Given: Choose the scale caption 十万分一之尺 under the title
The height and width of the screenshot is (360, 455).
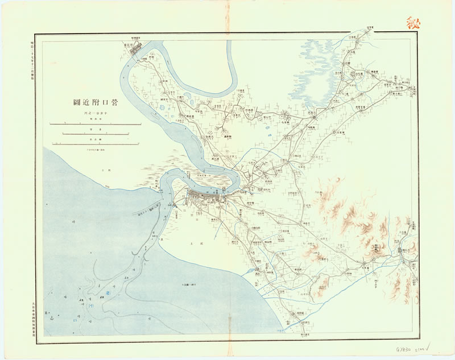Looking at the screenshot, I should click(94, 115).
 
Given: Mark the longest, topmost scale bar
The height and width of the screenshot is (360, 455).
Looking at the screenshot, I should click(95, 124).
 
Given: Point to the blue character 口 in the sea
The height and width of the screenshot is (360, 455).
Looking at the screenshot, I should click(75, 320).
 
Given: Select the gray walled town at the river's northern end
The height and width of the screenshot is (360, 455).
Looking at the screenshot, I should click(138, 49).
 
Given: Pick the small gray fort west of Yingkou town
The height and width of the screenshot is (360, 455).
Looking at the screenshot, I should click(176, 200).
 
